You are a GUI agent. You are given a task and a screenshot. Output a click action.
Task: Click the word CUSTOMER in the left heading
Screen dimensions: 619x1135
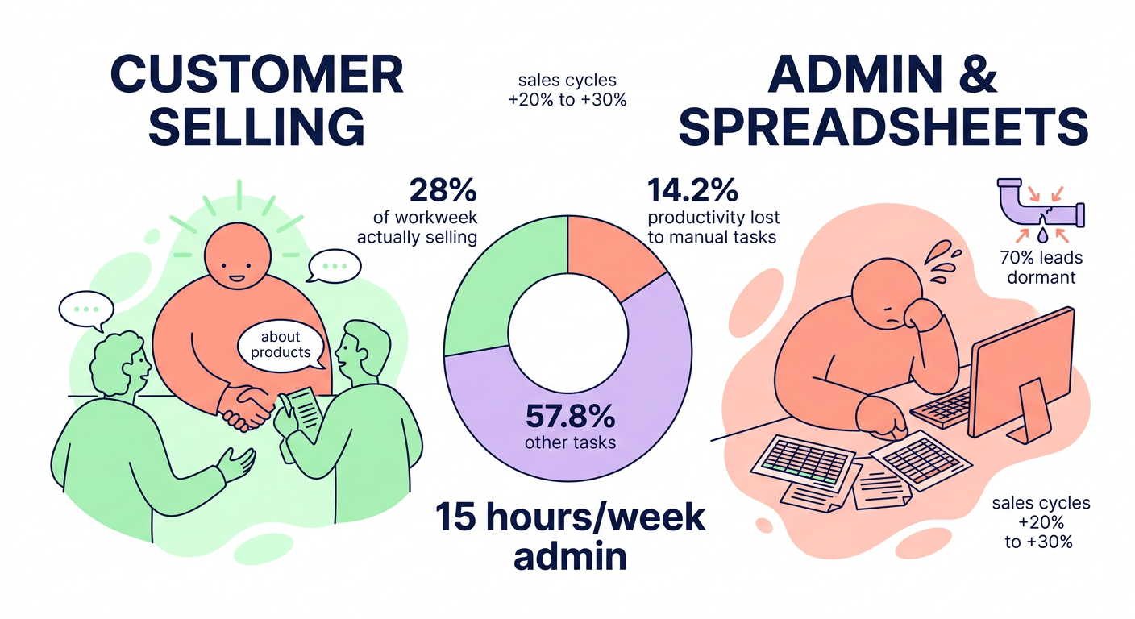coord(256,77)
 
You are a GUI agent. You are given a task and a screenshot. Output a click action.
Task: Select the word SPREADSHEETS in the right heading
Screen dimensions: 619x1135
coord(883,128)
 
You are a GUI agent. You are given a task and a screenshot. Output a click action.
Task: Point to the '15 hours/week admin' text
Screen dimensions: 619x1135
coord(570,535)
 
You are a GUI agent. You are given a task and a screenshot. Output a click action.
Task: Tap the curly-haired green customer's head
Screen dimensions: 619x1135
coord(118,363)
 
